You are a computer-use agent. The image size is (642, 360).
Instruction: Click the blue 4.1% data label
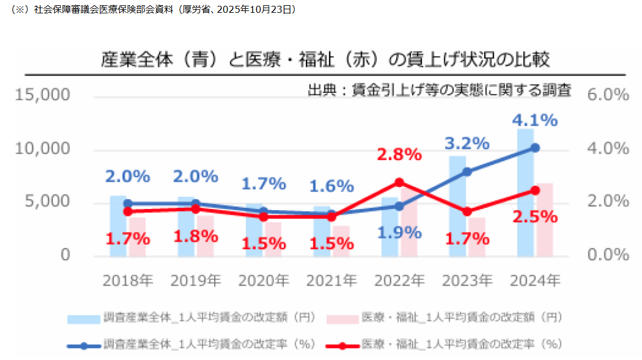[x=535, y=120]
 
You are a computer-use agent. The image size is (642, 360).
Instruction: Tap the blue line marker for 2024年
[x=535, y=148]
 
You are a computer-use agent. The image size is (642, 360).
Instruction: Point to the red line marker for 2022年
[x=399, y=182]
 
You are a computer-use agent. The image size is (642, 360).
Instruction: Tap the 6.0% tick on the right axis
[x=608, y=95]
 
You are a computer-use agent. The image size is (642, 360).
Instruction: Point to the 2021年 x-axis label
[x=331, y=281]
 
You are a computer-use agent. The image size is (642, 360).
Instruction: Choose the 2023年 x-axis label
[x=467, y=281]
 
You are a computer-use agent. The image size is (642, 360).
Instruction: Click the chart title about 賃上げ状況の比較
[x=325, y=60]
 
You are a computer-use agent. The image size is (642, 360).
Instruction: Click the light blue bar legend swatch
[x=84, y=318]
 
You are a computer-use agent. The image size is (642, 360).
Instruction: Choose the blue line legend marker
[x=84, y=345]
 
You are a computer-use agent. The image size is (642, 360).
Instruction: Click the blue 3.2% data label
[x=467, y=143]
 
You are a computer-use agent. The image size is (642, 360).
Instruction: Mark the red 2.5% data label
[x=535, y=217]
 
